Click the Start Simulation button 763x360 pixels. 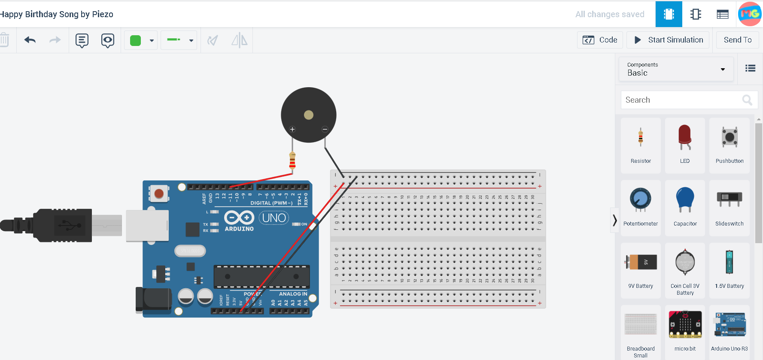point(668,40)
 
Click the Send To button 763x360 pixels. point(737,40)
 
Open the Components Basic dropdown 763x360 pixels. point(676,69)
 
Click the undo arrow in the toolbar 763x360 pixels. point(30,40)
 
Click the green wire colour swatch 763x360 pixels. point(136,40)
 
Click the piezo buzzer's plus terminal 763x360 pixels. point(292,129)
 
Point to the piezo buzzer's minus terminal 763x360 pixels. point(325,129)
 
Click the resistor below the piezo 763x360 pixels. point(292,162)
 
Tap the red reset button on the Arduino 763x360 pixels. point(159,193)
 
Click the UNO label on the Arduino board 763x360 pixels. point(274,218)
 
